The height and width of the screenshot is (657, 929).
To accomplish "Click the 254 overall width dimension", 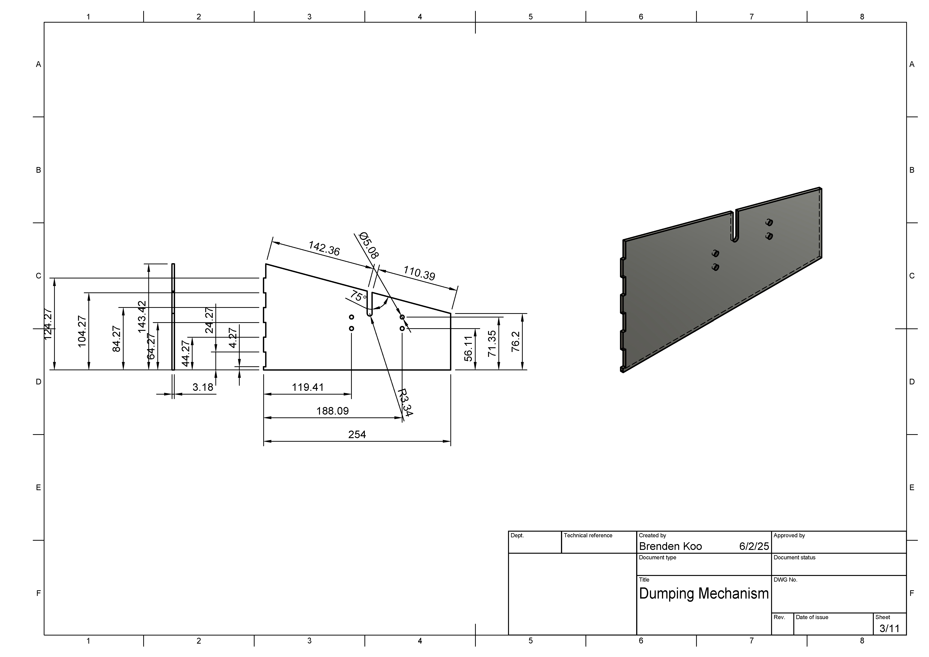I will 357,434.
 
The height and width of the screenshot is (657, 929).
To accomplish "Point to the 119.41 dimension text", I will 308,387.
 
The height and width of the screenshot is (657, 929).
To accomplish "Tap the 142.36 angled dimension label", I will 324,248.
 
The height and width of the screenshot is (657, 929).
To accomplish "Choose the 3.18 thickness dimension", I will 203,387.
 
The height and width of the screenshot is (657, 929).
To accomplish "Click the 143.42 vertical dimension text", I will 142,317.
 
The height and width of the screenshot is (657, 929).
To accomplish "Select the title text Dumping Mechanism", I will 704,593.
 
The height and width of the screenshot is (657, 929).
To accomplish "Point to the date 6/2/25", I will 754,546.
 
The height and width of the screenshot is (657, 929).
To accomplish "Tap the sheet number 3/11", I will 889,628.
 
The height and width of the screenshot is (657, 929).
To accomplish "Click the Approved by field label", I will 789,535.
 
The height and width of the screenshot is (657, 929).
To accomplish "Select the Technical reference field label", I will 588,535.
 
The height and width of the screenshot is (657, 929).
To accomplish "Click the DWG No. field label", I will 785,579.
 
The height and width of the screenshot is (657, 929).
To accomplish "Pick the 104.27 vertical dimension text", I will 82,331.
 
